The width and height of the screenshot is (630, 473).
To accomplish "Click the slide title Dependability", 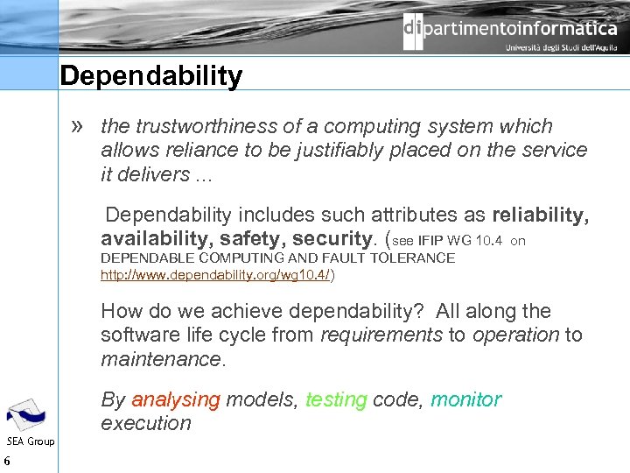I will click(151, 77).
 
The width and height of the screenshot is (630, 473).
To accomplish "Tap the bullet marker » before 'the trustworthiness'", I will click(80, 126).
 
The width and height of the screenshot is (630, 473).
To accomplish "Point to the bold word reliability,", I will click(541, 215).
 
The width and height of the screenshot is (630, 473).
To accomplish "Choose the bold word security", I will click(333, 239).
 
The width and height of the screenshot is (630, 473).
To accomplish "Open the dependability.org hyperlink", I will click(215, 274).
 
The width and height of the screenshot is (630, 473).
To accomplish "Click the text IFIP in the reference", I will click(430, 240).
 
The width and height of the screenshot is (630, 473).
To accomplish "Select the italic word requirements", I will click(381, 335).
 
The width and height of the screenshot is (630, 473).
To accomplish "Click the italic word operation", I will click(516, 335).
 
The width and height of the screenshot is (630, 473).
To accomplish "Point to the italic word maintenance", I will click(163, 358).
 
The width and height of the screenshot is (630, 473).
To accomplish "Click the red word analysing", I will click(176, 399).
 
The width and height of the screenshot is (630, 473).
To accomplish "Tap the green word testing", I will click(336, 399).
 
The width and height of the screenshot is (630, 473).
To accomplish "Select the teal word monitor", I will click(465, 399).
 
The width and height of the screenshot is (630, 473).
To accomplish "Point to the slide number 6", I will click(7, 462).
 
